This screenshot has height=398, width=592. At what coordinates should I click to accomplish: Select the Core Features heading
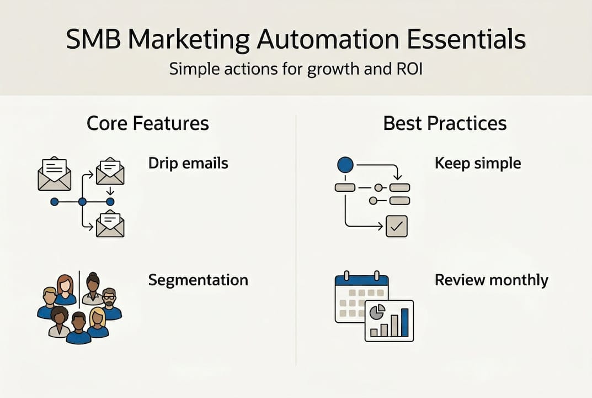pos(148,123)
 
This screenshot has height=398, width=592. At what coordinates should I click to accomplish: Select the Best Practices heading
pos(445,123)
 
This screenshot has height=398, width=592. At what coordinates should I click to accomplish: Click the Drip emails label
pos(188,163)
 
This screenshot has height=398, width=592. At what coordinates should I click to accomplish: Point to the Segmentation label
pos(198,280)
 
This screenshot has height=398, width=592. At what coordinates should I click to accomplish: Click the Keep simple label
pos(478,163)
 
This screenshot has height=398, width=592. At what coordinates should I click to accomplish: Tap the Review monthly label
pos(491,280)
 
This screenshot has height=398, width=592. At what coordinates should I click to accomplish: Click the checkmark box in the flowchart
pos(397,226)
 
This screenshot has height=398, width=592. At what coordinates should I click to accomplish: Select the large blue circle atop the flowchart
pos(344,164)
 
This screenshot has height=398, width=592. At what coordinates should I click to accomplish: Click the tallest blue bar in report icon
pos(404,322)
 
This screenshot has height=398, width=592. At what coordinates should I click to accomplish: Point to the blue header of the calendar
pos(362,281)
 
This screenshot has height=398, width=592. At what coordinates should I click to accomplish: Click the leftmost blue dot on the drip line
pos(54,202)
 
